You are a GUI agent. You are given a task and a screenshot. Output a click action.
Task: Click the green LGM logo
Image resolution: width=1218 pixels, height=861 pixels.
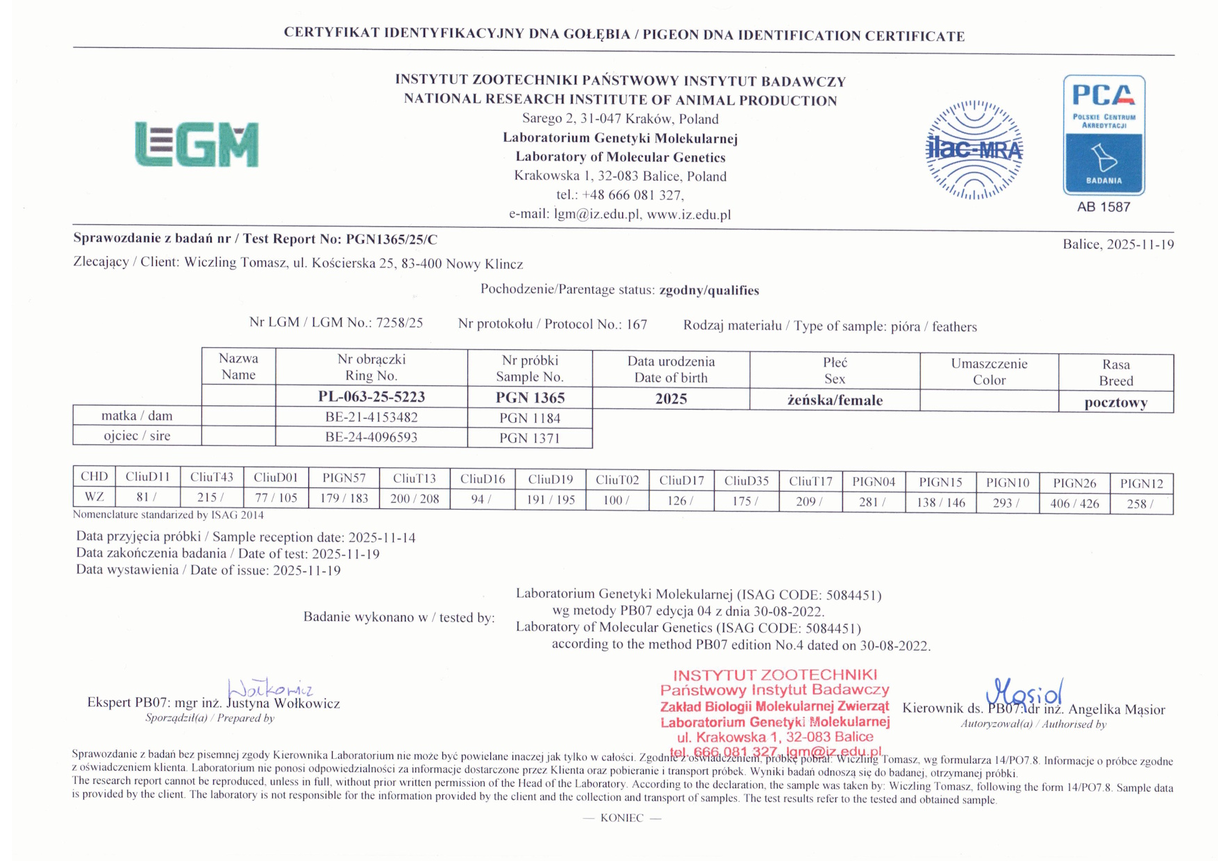click(197, 144)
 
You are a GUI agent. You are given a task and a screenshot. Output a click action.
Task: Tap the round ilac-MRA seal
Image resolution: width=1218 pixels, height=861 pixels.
click(974, 150)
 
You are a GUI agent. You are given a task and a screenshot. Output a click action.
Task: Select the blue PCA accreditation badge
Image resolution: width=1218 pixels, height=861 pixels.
click(1103, 135)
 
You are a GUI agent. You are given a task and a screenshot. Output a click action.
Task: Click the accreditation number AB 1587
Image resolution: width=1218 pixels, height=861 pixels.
click(1103, 207)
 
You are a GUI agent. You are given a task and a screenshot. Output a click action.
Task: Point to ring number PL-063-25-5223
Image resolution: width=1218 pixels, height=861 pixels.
click(372, 396)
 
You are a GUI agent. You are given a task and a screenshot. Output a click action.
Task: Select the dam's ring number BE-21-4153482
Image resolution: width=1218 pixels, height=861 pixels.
click(372, 417)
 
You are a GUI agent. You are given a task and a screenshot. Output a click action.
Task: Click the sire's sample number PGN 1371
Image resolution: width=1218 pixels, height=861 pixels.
click(529, 438)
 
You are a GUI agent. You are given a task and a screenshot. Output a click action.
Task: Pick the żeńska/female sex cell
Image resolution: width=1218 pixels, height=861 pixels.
click(835, 400)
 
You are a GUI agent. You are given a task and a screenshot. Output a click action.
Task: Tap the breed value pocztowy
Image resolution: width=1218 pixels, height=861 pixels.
click(1115, 403)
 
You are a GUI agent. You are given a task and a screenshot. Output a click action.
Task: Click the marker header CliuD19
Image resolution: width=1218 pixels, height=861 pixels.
click(550, 479)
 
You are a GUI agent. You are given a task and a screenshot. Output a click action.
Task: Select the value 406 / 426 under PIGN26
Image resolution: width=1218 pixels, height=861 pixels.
click(1074, 503)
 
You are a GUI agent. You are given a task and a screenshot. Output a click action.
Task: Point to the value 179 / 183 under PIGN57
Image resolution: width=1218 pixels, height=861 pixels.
click(344, 499)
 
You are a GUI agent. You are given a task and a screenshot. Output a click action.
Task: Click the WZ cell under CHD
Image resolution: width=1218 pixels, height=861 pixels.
click(94, 497)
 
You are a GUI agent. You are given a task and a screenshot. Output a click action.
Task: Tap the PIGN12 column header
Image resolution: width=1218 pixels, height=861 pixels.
click(1141, 483)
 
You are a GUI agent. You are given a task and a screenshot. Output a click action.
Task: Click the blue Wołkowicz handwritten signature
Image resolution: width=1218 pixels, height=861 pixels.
click(270, 689)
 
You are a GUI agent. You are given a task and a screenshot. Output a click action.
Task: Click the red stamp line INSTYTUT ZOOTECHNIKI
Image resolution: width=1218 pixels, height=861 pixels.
click(774, 675)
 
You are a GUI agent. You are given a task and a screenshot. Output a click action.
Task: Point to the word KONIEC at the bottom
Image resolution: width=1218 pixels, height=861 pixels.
click(621, 818)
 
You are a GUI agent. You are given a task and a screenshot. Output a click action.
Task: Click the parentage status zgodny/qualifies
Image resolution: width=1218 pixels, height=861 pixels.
click(709, 290)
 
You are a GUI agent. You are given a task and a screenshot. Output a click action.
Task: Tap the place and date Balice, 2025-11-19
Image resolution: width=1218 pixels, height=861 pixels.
click(1118, 244)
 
